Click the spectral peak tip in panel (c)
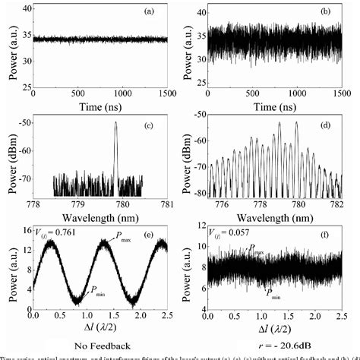115,123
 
